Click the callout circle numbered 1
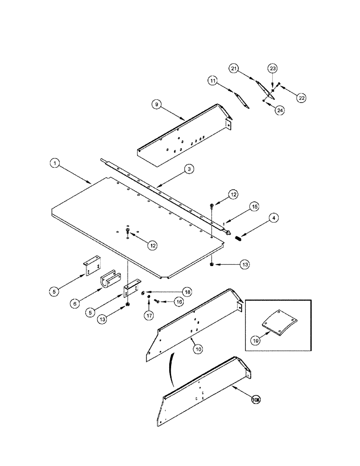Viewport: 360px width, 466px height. [x=55, y=164]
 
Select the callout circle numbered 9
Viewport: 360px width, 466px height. [x=157, y=105]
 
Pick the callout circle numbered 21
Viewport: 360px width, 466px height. [x=233, y=69]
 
